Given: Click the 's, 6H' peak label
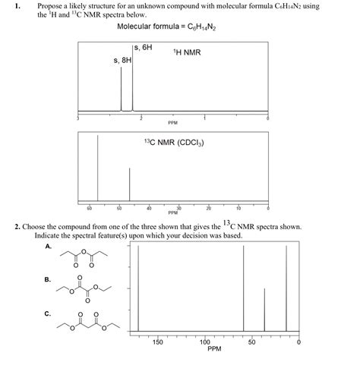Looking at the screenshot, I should click(144, 47).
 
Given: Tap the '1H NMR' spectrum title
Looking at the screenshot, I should click(186, 53).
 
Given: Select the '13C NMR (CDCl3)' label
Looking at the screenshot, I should click(173, 142).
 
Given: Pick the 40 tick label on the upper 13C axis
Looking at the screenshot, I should click(149, 207).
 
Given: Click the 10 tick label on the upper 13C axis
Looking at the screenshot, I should click(238, 207).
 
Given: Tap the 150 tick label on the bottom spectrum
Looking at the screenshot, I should click(157, 343).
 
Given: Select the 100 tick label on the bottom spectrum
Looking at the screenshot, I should click(205, 343).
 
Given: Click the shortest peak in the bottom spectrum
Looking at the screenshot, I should click(264, 311).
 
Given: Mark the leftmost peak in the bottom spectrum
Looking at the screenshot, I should click(138, 288).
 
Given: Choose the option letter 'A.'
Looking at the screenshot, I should click(49, 246).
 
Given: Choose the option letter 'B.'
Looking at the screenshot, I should click(49, 279).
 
